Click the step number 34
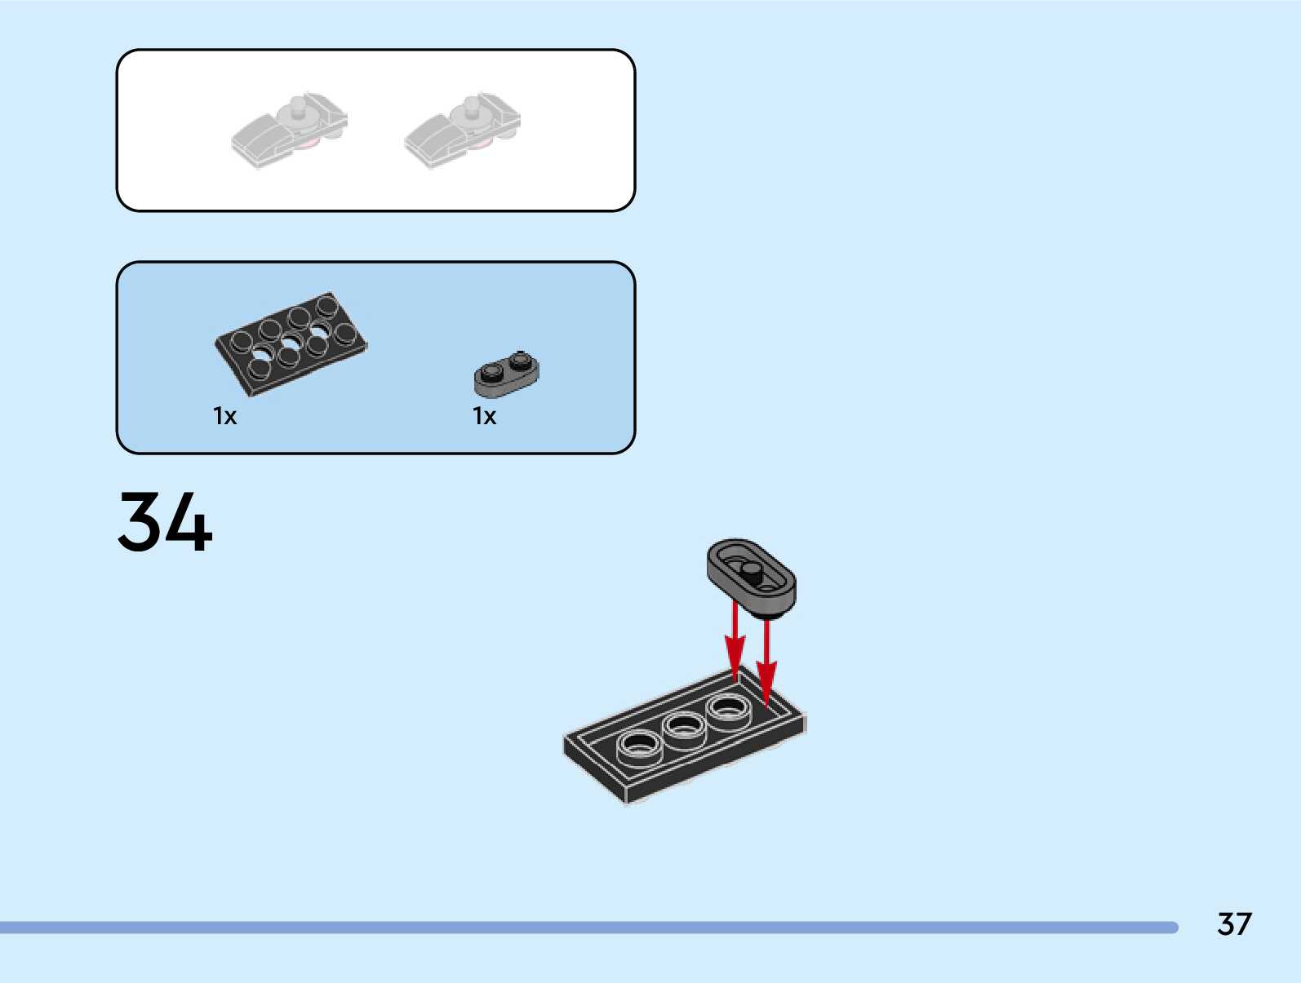[165, 522]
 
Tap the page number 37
[1233, 924]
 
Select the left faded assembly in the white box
[290, 131]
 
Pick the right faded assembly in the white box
[463, 131]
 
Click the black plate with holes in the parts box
[291, 343]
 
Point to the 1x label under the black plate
[224, 417]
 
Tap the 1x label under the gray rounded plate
[484, 417]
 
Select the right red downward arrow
[766, 661]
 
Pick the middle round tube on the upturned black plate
[684, 725]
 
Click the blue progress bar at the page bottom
[588, 928]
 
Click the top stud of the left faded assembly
[296, 104]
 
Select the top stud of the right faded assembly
[470, 104]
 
